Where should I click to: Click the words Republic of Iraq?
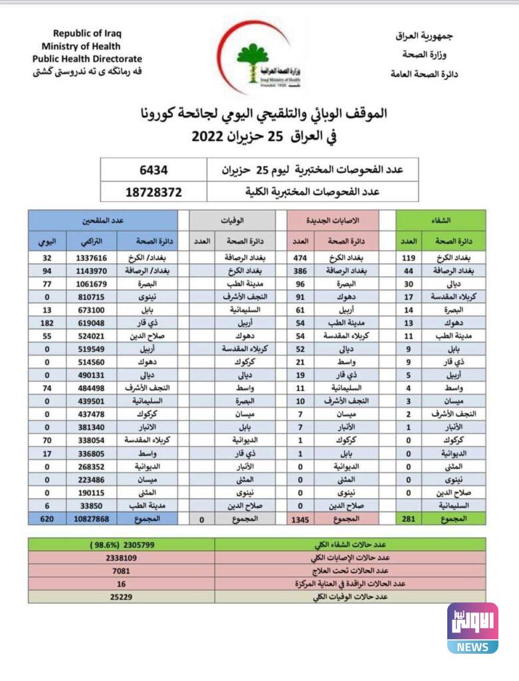click(88, 33)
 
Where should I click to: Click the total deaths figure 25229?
click(122, 597)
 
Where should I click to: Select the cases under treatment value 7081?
click(122, 570)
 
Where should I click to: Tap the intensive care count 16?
click(122, 583)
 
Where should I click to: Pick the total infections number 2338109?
click(122, 557)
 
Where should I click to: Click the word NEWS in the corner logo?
click(472, 646)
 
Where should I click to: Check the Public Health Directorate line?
click(87, 59)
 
